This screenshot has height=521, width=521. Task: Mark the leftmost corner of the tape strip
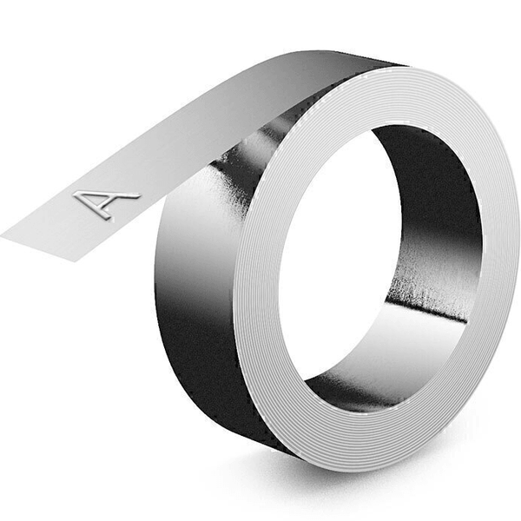pos(3,232)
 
